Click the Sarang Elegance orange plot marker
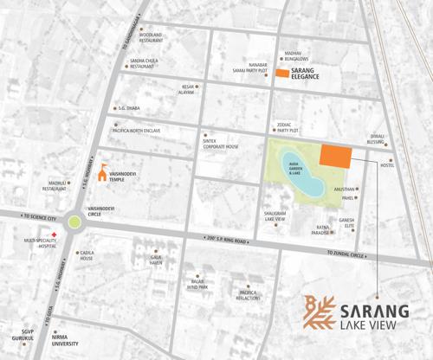[x=282, y=75]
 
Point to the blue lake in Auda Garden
[x=301, y=172]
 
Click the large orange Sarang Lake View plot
[x=336, y=156]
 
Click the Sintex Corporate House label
[x=221, y=143]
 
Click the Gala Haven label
[x=157, y=260]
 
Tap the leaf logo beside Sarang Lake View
[x=319, y=313]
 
